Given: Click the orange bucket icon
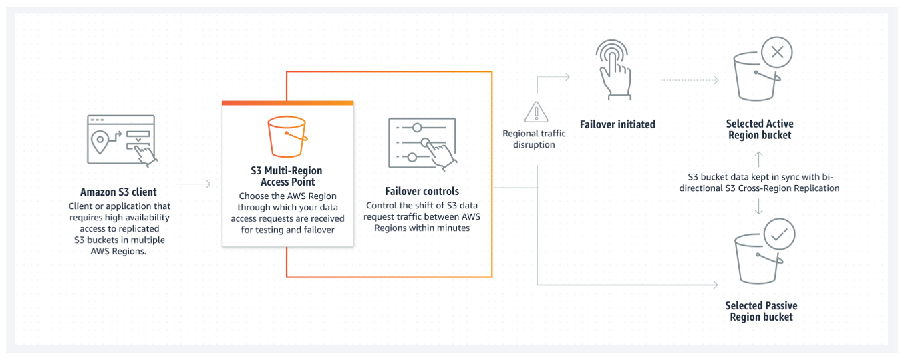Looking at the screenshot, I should pos(287,136).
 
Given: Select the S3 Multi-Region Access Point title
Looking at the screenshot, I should pos(287,176).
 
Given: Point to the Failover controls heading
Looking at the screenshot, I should pos(422,191).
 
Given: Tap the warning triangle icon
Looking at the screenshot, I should pos(534,112).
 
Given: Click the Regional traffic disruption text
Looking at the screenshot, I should pos(534,138).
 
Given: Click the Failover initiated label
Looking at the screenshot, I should pos(617,124).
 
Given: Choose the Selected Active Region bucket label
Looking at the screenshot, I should pos(760,130).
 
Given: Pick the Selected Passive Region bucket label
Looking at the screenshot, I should pos(761,311).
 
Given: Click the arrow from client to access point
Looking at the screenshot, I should pos(194,184).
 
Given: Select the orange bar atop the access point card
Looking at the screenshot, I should pos(287,102).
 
